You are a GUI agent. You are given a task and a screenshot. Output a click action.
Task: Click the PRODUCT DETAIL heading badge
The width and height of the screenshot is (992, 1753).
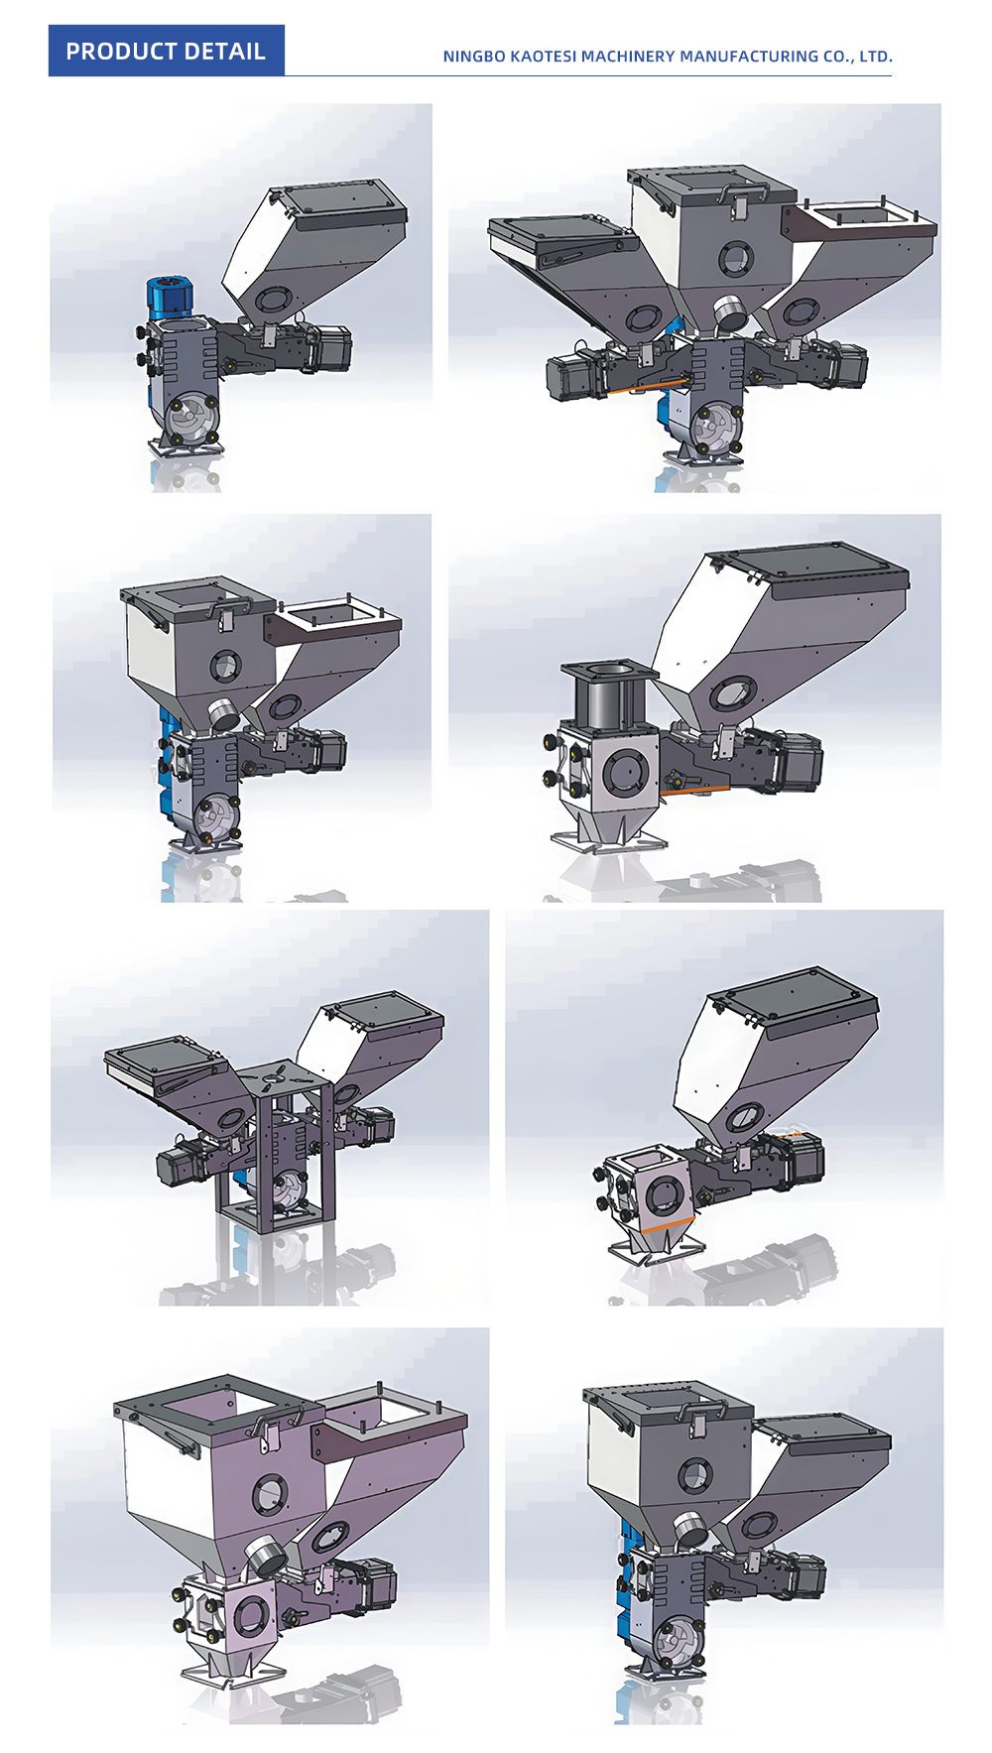click(166, 51)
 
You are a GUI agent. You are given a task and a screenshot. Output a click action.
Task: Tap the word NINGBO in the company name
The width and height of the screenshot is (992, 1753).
click(473, 57)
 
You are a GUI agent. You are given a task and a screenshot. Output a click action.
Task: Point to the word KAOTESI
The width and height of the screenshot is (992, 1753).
click(543, 57)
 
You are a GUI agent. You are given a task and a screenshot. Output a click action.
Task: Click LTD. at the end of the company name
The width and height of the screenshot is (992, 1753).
click(876, 57)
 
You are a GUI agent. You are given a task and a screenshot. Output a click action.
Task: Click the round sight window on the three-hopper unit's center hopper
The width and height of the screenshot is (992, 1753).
click(735, 258)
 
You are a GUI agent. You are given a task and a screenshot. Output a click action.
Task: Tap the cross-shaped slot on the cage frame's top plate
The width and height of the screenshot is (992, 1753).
click(279, 1073)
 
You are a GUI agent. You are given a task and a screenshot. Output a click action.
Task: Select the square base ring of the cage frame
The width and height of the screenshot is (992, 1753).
click(276, 1212)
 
